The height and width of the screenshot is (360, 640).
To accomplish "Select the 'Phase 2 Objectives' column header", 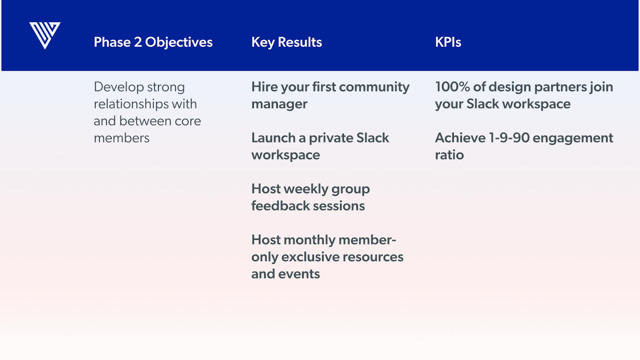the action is click(153, 42).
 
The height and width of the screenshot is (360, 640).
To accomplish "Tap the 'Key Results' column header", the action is click(286, 42).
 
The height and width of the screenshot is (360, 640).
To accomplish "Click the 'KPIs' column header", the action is click(448, 42).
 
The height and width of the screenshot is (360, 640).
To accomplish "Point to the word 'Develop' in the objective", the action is click(118, 87).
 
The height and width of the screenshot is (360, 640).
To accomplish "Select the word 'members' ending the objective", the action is click(122, 138).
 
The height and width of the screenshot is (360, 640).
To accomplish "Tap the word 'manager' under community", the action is click(280, 104).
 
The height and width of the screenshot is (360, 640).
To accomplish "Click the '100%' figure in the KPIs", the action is click(452, 87).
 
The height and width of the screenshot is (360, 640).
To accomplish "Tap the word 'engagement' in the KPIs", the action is click(573, 139).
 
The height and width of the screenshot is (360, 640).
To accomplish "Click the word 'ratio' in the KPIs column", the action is click(450, 155).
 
